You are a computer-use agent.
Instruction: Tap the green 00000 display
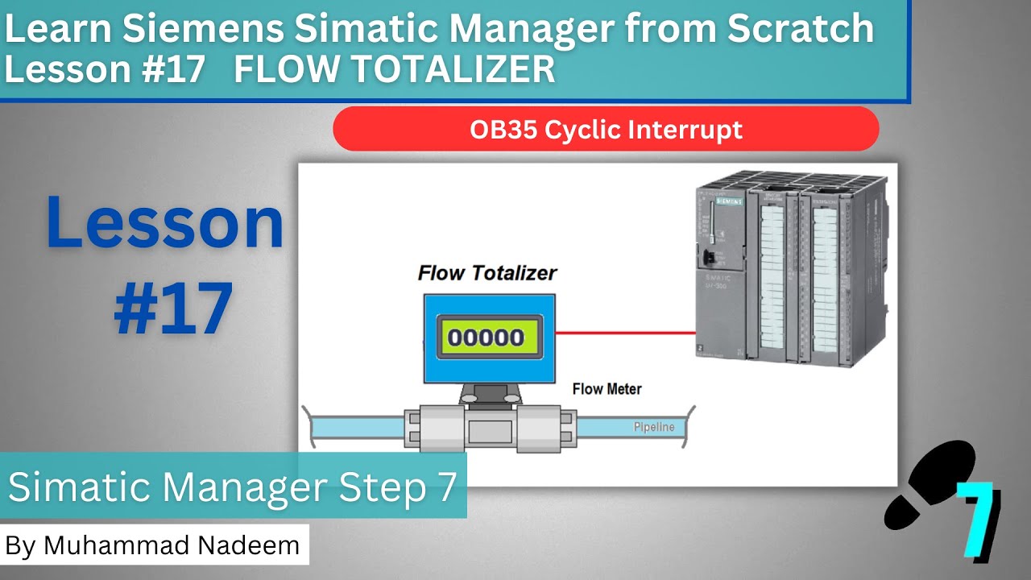click(486, 336)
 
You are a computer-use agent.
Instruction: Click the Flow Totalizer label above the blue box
click(487, 273)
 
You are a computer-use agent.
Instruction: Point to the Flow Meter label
click(607, 389)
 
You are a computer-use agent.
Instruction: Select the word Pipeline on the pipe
click(653, 427)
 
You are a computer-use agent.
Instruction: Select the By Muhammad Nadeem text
click(152, 545)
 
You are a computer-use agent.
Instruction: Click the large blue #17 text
click(173, 309)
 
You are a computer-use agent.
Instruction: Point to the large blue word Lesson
click(165, 223)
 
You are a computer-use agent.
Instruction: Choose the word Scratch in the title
click(801, 30)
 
